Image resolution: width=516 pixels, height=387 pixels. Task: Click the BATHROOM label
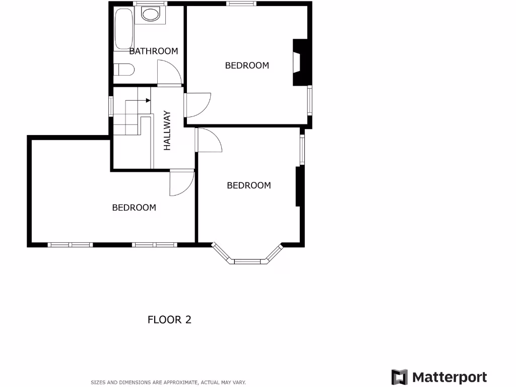154,51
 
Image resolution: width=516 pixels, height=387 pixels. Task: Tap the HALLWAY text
167,131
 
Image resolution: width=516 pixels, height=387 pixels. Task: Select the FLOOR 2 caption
169,319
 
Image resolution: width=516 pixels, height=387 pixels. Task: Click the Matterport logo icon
400,377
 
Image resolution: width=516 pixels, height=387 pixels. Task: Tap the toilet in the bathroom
123,69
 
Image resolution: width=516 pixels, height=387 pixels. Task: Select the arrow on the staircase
148,100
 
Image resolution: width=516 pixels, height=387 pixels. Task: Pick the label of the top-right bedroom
247,66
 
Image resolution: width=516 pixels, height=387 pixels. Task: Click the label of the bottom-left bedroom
134,208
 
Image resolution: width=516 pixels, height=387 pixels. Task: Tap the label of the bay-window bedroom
249,185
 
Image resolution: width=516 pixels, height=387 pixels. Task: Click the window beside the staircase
111,106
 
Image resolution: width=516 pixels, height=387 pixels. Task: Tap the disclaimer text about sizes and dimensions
168,382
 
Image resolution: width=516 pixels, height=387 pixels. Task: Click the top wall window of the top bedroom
241,4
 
